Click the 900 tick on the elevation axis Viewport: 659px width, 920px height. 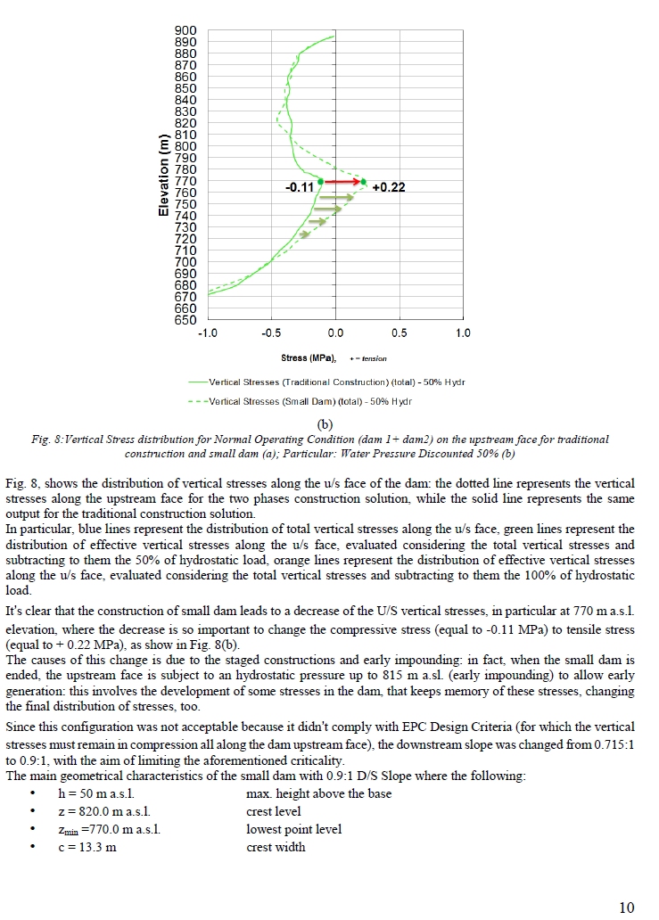point(185,30)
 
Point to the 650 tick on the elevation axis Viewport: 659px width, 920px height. point(185,320)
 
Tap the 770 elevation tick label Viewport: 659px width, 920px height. point(185,181)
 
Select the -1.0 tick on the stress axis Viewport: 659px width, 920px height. point(208,333)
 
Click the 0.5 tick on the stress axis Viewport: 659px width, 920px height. point(400,333)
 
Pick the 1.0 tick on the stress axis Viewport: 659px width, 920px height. point(463,333)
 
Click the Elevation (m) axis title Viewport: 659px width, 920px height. point(164,175)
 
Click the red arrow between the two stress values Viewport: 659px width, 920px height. point(342,181)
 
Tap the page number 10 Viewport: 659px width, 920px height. point(626,908)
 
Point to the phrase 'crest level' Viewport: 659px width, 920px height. point(274,811)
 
